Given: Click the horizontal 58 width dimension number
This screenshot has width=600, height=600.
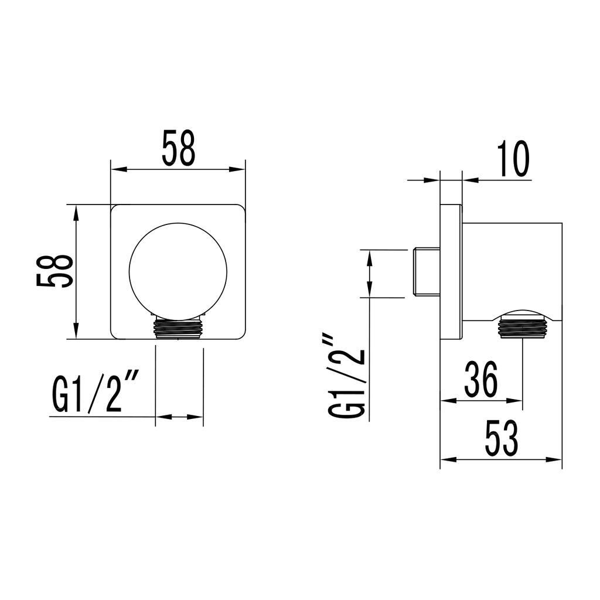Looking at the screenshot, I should (178, 148).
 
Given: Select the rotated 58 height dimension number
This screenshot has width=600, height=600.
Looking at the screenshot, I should (54, 271).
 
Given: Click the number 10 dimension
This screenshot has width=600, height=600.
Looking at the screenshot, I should (512, 159).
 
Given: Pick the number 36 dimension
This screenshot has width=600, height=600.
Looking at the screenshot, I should (480, 379).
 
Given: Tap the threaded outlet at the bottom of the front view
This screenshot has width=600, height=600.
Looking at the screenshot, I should (178, 328).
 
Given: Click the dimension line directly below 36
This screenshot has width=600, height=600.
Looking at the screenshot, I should (481, 401).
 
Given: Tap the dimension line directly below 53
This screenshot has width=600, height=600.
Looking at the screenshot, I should (501, 460).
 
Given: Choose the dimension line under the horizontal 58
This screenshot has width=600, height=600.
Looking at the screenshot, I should (178, 170).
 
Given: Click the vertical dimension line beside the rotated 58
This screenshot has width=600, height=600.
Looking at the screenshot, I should (76, 271).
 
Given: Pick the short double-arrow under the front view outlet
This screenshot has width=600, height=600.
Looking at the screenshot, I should (179, 417).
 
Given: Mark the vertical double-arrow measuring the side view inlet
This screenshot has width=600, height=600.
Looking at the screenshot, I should (369, 274).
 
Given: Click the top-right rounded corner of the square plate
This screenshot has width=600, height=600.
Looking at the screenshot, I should (240, 209).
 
